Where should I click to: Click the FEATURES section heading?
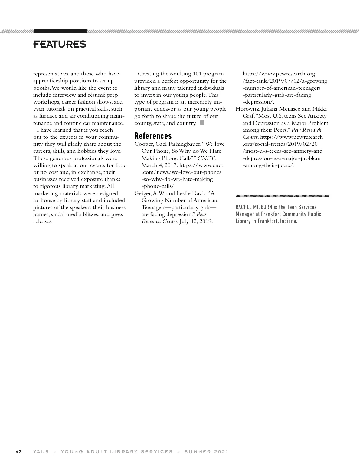60,44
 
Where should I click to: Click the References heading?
153,135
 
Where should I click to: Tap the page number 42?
18,451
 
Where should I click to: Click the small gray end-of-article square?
202,123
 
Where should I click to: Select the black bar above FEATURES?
60,31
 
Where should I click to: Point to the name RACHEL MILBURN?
254,207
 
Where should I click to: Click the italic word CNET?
206,158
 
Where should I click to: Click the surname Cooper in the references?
143,144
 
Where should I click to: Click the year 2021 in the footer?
221,451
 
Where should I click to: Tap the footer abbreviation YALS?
41,451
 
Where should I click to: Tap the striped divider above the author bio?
283,196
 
